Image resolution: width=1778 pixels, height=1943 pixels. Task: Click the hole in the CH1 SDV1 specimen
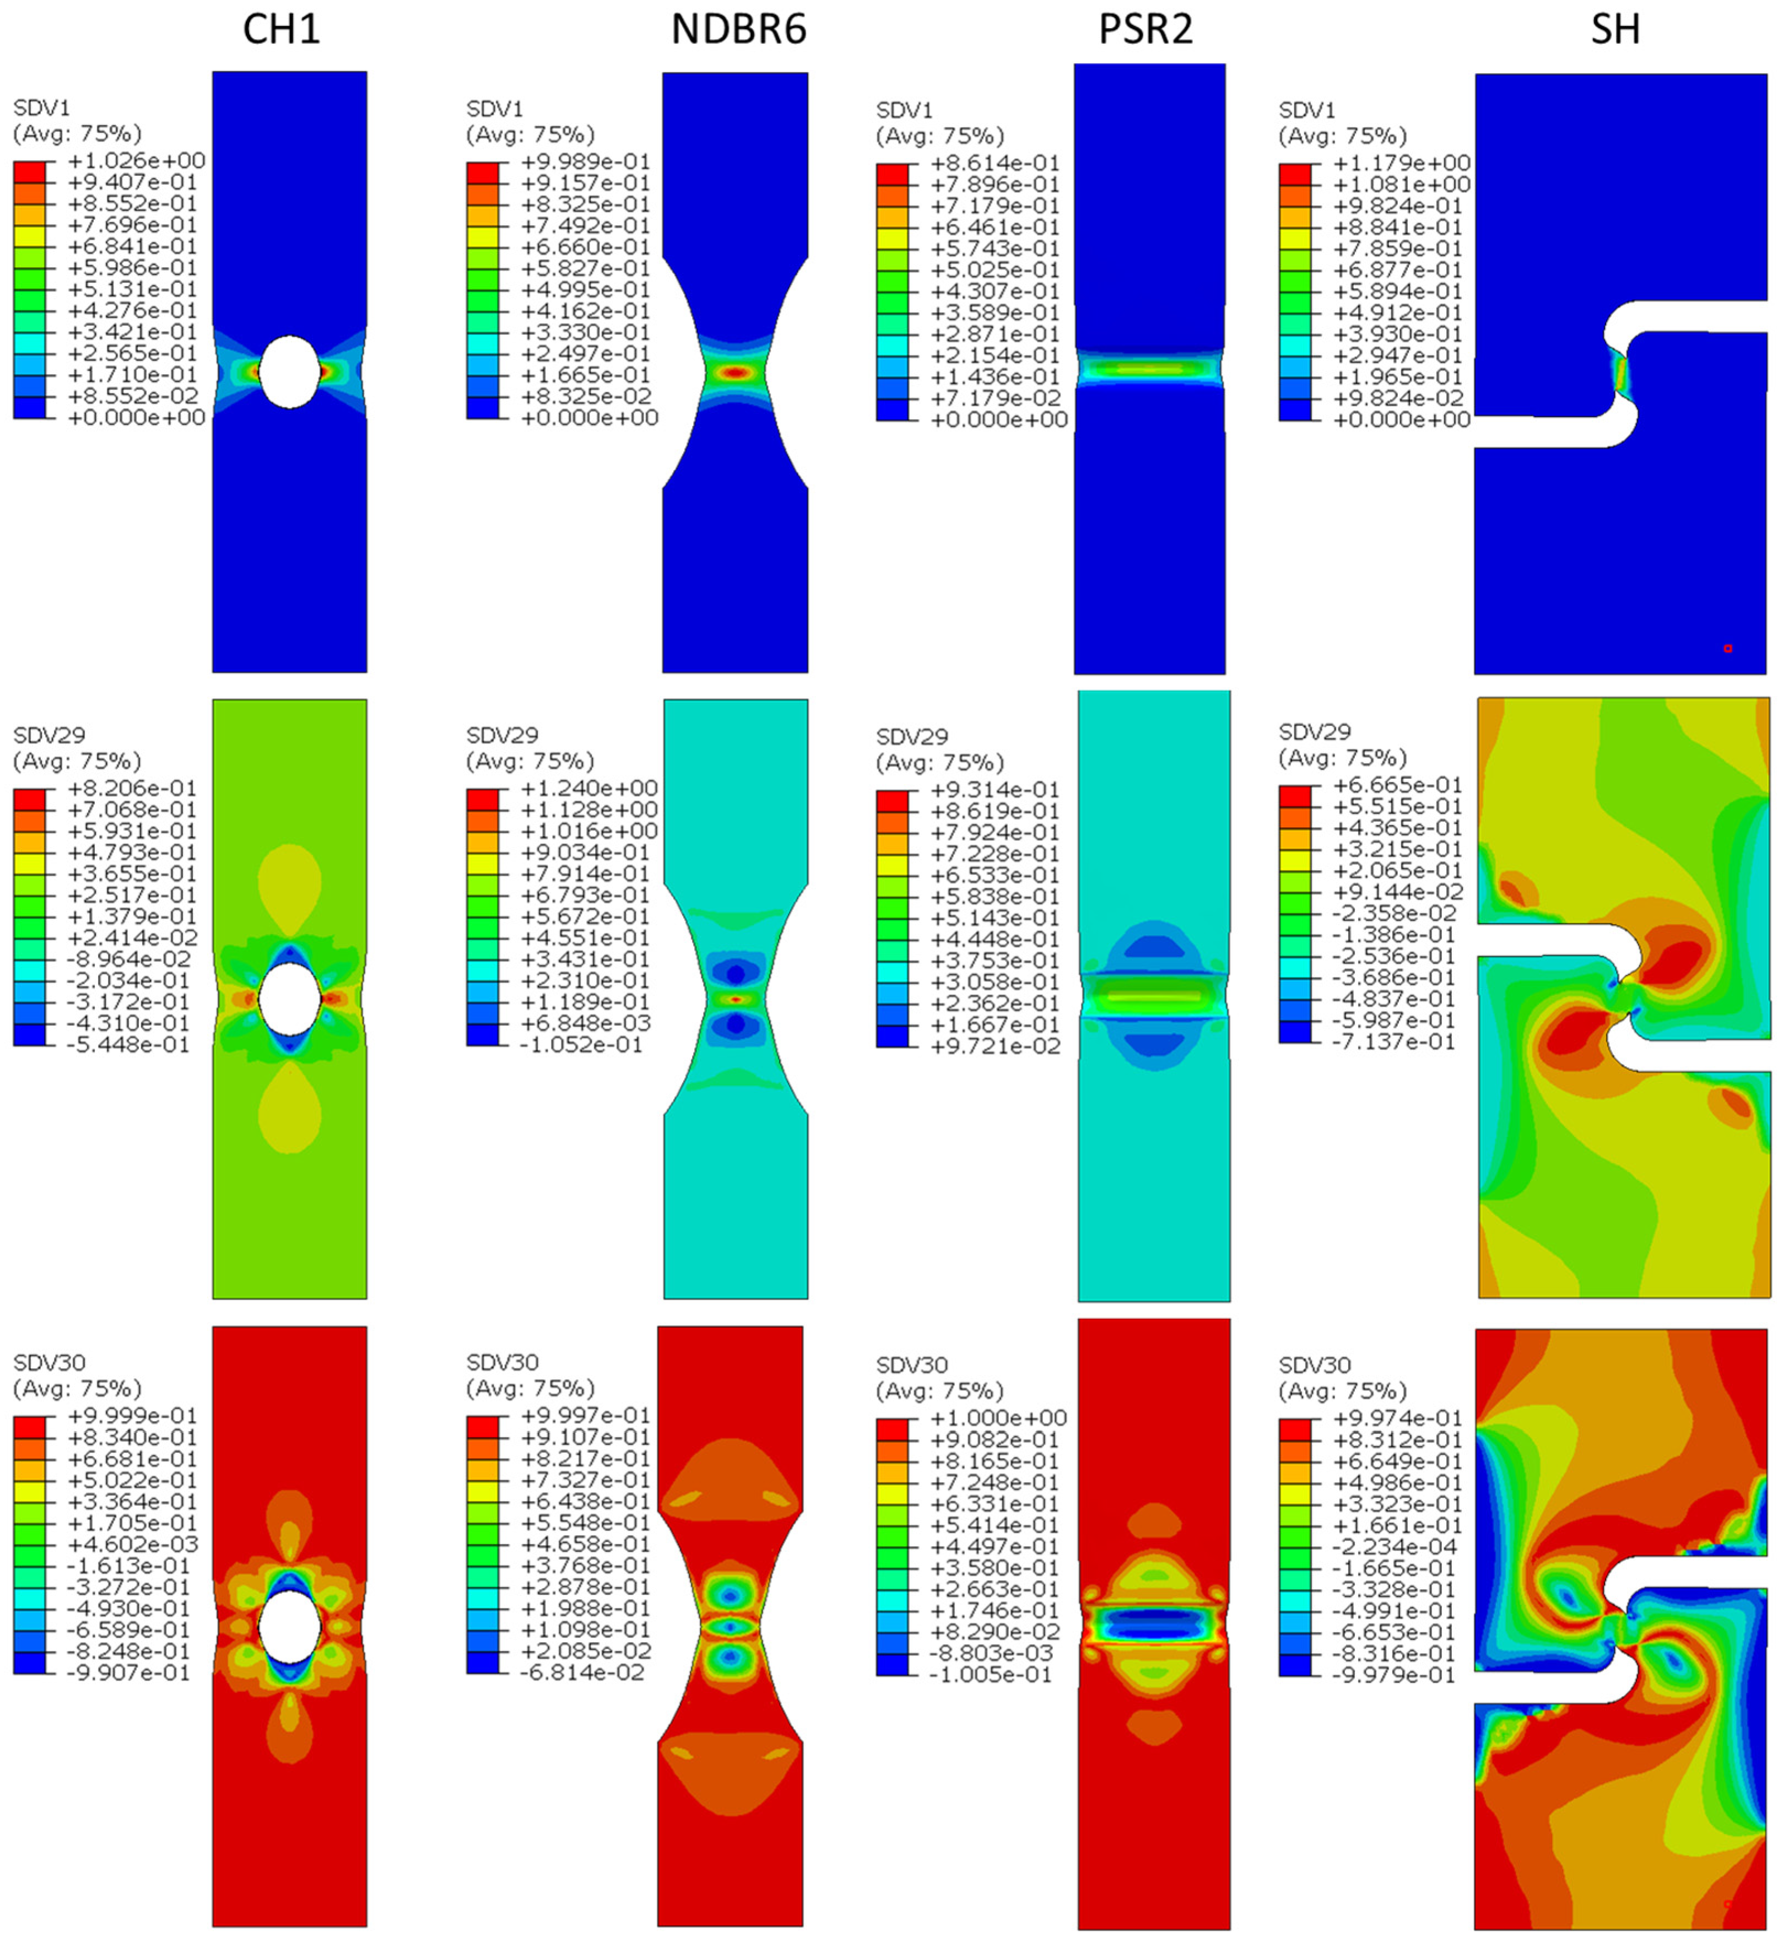click(289, 371)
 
